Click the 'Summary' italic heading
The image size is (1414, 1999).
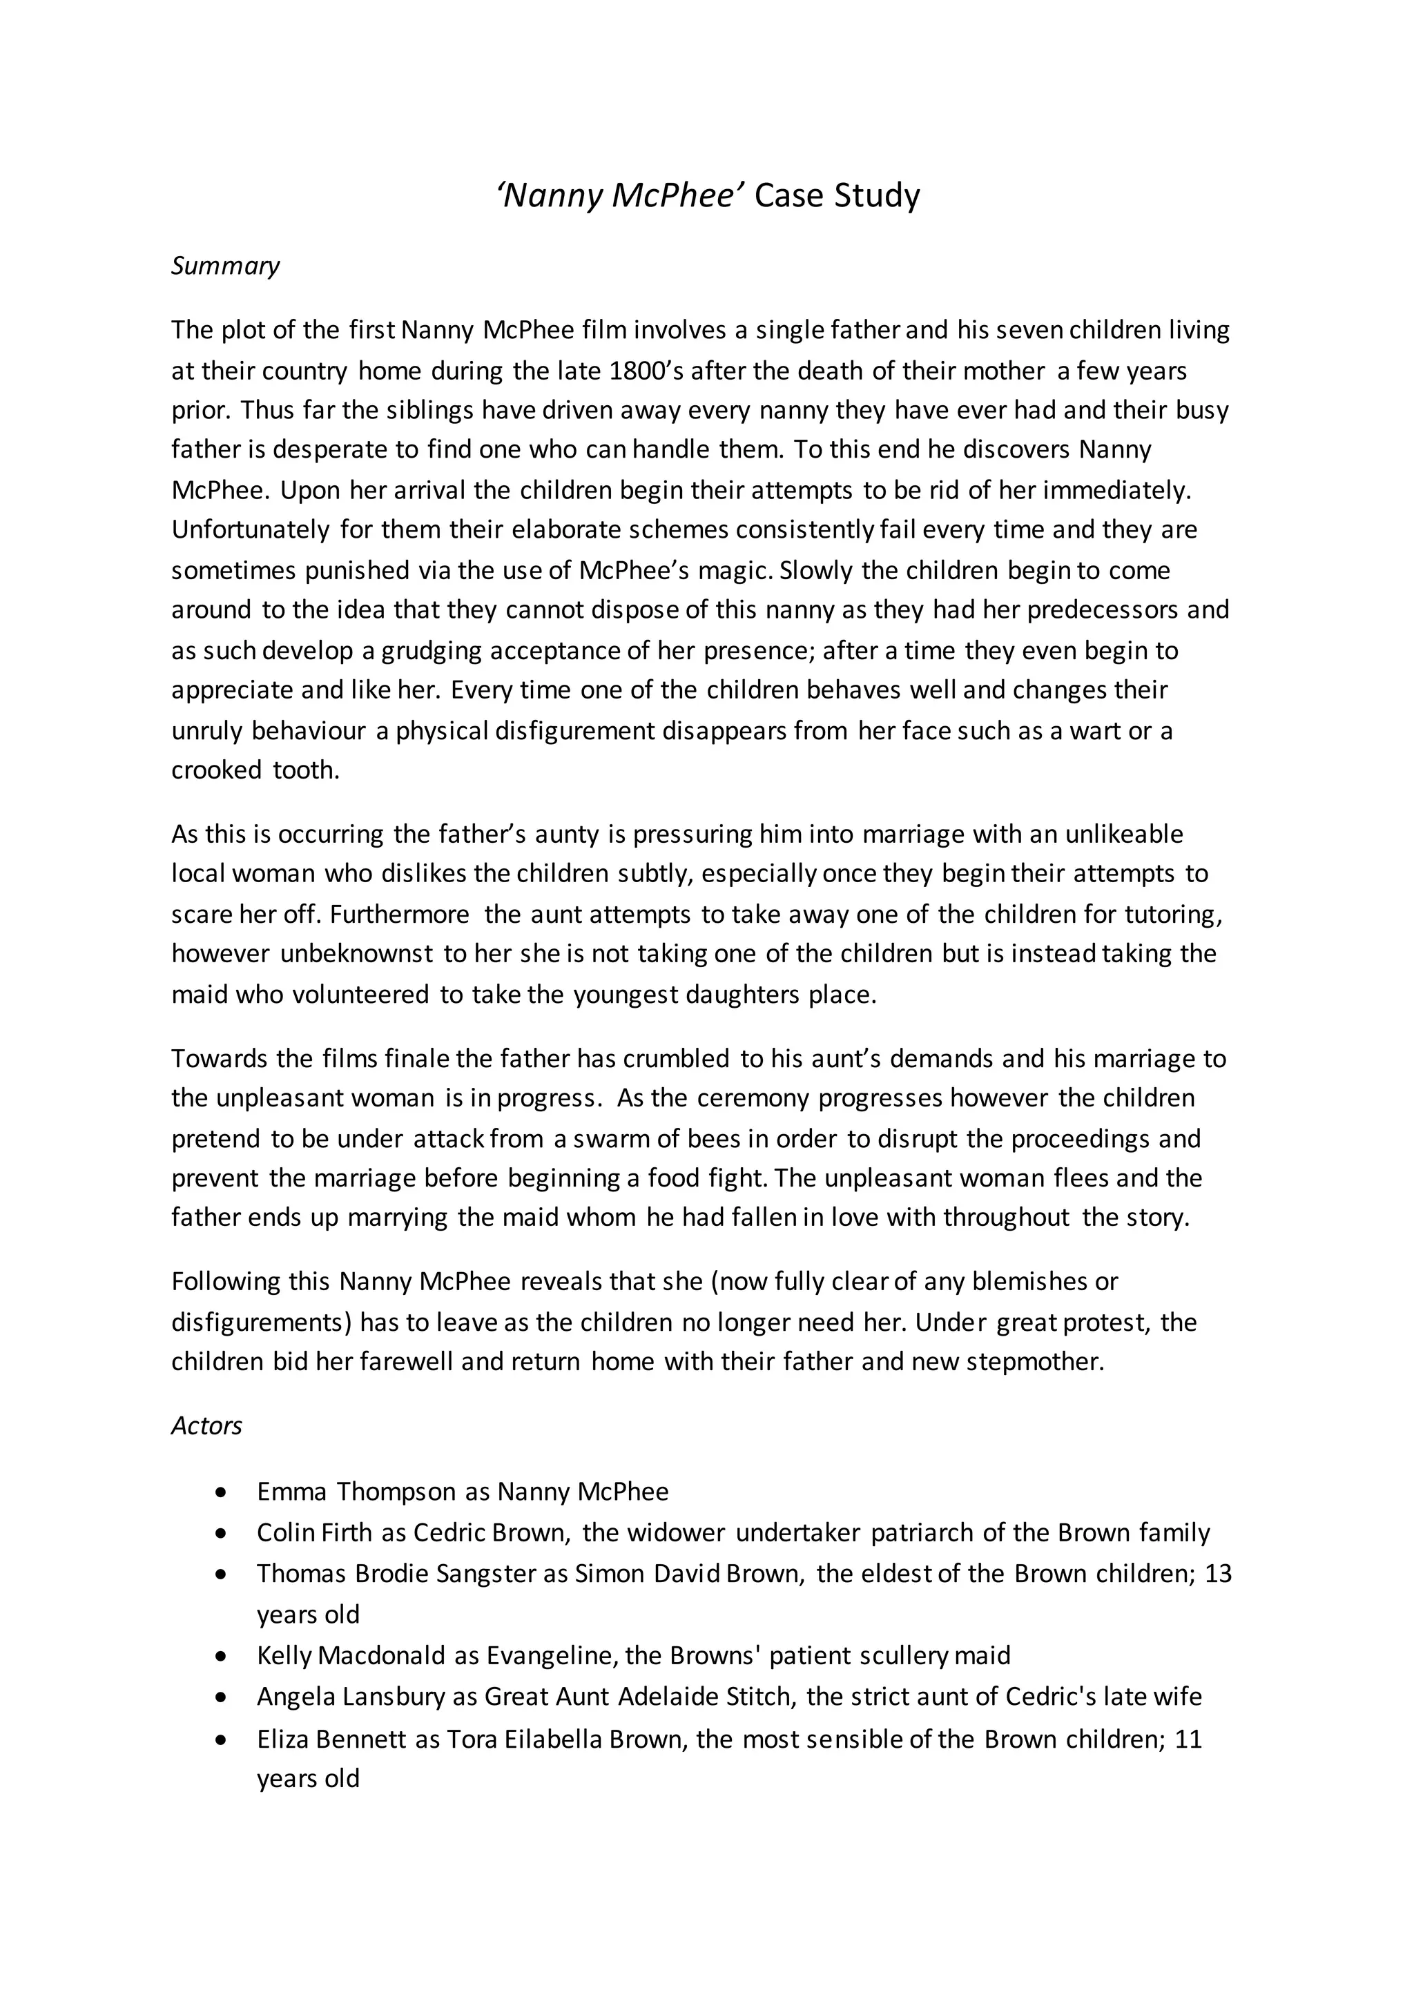point(224,266)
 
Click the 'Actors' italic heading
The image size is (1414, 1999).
point(206,1425)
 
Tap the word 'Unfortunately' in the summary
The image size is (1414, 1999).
point(251,530)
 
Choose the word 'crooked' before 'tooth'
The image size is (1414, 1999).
point(216,770)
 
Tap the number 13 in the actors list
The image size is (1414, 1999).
point(1217,1574)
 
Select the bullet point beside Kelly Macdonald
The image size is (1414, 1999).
point(222,1656)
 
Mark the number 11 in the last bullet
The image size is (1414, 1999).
point(1188,1739)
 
